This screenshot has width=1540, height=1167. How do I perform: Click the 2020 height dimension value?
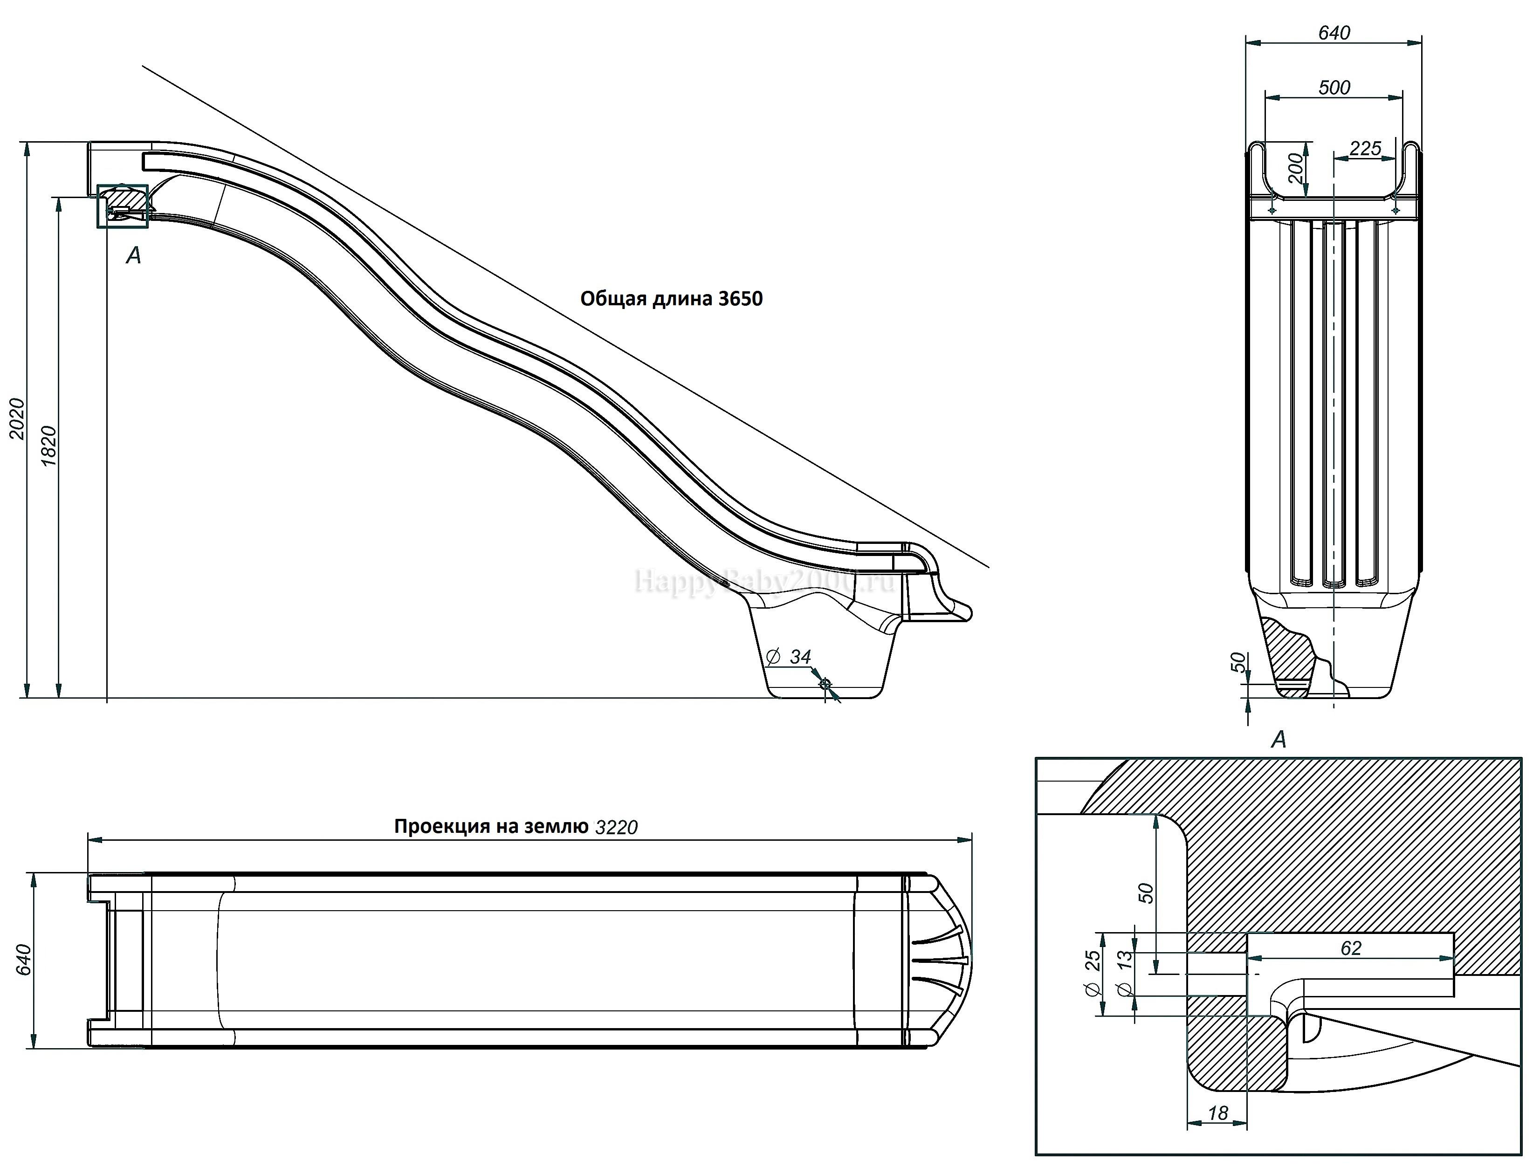[x=17, y=419]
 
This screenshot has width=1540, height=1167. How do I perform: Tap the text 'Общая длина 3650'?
[x=671, y=299]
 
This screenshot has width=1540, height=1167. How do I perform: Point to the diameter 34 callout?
[x=790, y=657]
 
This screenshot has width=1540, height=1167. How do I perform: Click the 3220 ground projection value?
[x=616, y=827]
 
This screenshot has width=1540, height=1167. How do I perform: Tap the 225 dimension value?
[x=1365, y=148]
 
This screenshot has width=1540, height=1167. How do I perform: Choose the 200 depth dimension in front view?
[x=1295, y=169]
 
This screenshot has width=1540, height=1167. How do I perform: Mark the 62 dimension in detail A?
[x=1351, y=948]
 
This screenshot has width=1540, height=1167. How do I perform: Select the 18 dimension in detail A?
[x=1217, y=1113]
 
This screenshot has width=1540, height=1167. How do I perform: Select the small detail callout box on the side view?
[x=123, y=206]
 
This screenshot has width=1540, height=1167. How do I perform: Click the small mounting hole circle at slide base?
[x=825, y=685]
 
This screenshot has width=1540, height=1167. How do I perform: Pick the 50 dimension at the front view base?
[x=1238, y=662]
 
